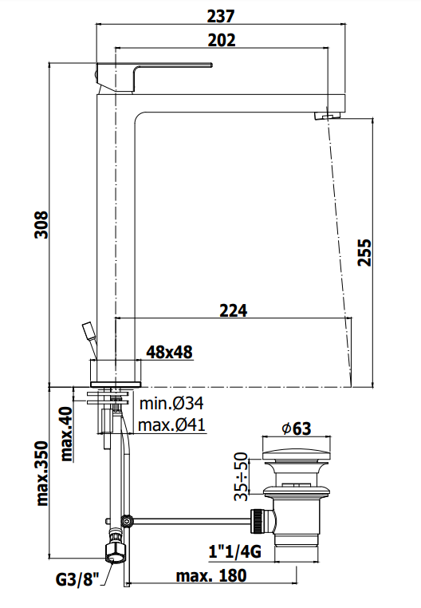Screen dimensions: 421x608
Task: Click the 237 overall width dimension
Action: point(221,16)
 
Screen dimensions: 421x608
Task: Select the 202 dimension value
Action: point(222,41)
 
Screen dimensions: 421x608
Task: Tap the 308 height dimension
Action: point(41,224)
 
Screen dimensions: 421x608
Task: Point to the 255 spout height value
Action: point(364,252)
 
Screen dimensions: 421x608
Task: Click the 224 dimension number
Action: point(234,310)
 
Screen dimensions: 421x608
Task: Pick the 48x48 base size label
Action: point(169,352)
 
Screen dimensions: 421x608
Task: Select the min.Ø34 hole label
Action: point(171,403)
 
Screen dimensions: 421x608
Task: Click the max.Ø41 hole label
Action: point(171,425)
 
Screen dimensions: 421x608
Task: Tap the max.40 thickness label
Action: point(67,433)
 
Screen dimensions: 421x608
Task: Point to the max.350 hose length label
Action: point(42,473)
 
